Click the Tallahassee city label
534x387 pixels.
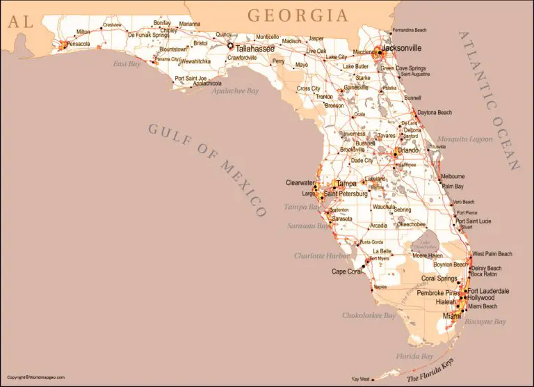[254, 49]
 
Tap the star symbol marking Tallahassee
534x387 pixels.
[230, 46]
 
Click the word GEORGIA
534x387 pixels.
[298, 15]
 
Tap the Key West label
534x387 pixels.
[361, 379]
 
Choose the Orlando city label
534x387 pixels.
[408, 150]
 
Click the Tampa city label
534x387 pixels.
[346, 184]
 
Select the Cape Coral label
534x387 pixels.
[348, 271]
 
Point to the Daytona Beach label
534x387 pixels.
[435, 112]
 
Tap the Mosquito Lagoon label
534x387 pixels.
[464, 139]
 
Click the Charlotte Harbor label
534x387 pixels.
[321, 255]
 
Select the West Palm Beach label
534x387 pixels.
[492, 254]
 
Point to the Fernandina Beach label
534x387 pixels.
[419, 31]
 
